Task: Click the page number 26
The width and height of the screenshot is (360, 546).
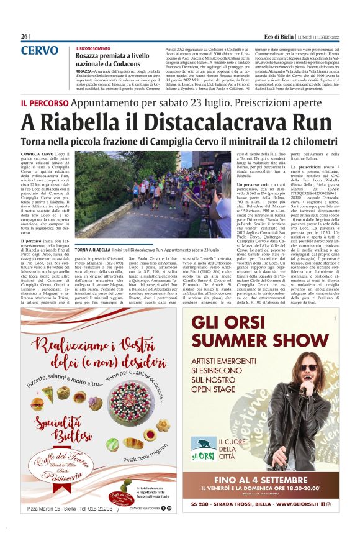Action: (24, 37)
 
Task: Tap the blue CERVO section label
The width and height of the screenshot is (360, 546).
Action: (39, 50)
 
